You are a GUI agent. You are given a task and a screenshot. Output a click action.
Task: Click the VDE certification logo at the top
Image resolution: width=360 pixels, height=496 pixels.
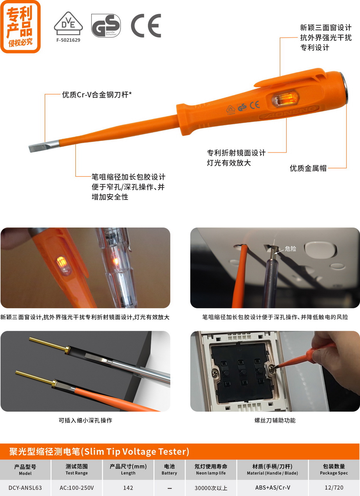click(x=68, y=23)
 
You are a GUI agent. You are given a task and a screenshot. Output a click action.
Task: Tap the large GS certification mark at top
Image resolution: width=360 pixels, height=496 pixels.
click(x=106, y=25)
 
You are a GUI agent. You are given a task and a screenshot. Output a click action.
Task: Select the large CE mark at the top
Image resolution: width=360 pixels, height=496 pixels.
click(x=146, y=25)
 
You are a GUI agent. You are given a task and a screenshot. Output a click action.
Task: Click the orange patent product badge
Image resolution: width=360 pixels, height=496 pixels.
click(x=20, y=27)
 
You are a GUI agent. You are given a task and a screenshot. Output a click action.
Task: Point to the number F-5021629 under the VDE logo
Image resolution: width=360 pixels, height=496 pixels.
click(x=68, y=40)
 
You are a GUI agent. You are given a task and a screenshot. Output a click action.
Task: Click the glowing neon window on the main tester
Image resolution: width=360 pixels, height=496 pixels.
click(x=286, y=98)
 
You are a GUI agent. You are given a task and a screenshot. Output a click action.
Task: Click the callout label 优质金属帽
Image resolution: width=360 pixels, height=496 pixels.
click(x=308, y=168)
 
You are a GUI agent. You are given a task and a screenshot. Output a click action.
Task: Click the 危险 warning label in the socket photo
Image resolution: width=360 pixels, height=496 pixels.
click(x=290, y=249)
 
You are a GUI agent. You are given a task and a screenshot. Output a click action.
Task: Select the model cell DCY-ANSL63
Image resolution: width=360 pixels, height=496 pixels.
click(x=25, y=488)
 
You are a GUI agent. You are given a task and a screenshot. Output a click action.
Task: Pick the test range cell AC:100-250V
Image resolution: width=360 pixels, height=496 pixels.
click(x=77, y=488)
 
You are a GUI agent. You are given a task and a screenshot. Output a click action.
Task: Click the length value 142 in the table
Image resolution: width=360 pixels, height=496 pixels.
click(x=128, y=488)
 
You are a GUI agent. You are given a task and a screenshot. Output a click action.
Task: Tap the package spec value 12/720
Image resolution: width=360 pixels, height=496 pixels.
click(x=334, y=487)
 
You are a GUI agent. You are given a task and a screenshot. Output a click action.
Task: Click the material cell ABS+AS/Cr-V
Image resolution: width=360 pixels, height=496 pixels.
click(x=272, y=487)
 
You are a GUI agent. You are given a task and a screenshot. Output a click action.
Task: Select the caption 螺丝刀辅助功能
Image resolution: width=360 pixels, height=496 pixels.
click(x=275, y=420)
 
